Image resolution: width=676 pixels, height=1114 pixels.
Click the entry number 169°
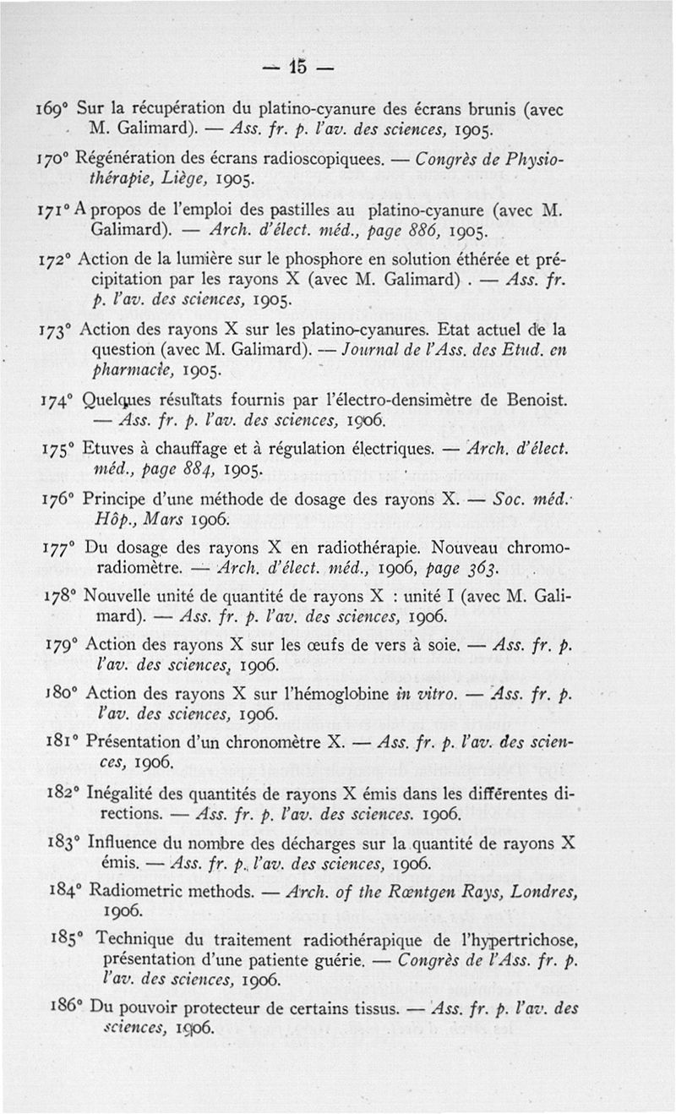tap(52, 111)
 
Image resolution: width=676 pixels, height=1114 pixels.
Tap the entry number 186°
tap(52, 1010)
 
